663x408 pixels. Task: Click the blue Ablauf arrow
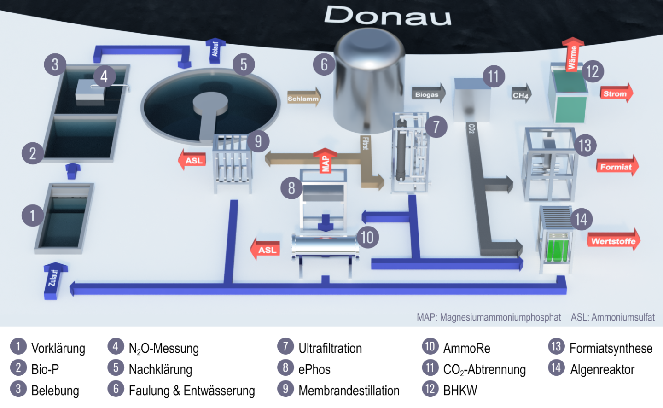215,50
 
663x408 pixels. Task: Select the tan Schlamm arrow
304,98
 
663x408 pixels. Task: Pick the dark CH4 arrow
521,95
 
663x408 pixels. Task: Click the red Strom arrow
616,93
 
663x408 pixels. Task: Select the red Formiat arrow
617,167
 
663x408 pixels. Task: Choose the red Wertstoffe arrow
614,241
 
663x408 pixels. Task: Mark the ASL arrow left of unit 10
266,250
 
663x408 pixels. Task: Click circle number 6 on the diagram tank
324,65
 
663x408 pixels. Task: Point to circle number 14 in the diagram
581,219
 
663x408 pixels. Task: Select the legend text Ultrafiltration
330,348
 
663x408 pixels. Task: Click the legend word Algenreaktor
602,369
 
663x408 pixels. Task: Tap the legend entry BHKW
460,391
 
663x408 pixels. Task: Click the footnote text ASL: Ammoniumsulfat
612,317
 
